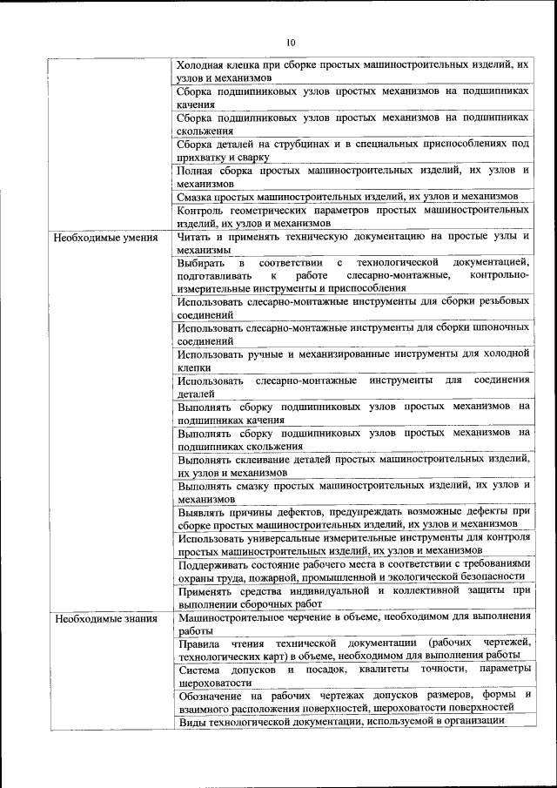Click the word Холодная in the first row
(x=202, y=65)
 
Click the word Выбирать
(x=199, y=262)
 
